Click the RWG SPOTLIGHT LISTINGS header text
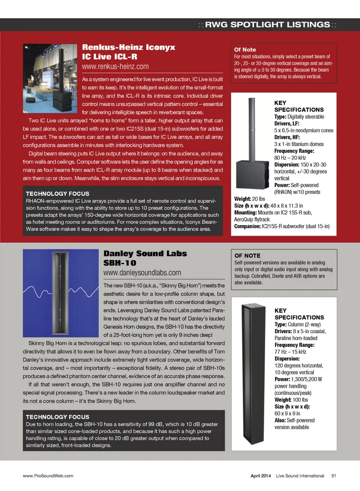267,25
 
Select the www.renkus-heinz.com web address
115,67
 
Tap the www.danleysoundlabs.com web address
142,273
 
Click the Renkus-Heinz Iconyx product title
129,48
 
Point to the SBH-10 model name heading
120,263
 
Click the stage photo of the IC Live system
50,78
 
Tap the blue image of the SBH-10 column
60,293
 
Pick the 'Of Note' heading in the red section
245,49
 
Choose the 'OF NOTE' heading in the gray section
247,256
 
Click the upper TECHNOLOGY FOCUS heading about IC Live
57,194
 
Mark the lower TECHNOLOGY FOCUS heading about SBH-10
57,417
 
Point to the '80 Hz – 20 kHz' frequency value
290,158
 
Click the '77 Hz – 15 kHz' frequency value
290,352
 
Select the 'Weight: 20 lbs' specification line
249,199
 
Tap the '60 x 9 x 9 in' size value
287,413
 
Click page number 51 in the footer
333,476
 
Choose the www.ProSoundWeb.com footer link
48,476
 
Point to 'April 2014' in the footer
261,476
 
